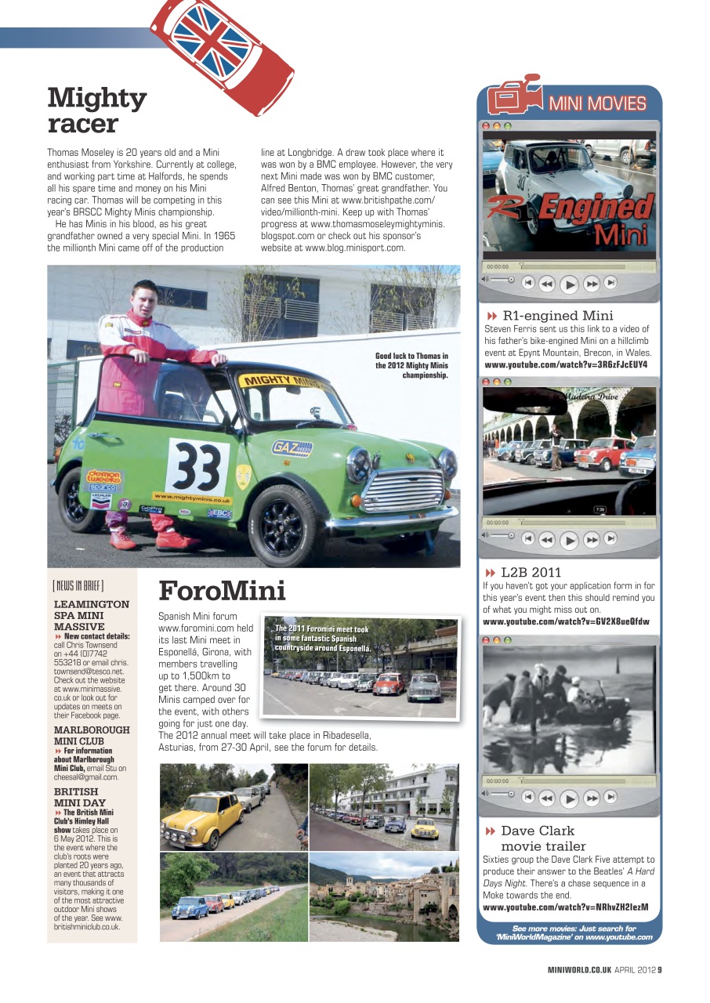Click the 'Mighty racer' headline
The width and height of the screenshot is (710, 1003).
click(x=96, y=110)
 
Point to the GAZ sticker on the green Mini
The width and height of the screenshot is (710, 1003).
click(x=292, y=448)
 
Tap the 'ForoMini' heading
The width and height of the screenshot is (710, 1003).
click(x=222, y=590)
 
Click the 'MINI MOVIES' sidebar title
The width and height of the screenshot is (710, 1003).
click(x=596, y=103)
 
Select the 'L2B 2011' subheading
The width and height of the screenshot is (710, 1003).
click(x=531, y=572)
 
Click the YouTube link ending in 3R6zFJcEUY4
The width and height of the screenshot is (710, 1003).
click(x=566, y=364)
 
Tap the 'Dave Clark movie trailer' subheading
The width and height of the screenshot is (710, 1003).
click(x=542, y=838)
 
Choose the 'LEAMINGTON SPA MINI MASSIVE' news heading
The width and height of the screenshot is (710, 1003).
click(x=91, y=615)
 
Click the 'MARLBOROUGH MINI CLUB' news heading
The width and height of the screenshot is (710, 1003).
click(x=91, y=735)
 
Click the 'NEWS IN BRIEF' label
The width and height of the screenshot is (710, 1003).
click(x=78, y=585)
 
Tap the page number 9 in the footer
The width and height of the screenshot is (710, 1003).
click(x=659, y=969)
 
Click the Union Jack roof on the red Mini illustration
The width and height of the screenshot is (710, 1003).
click(x=210, y=38)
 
